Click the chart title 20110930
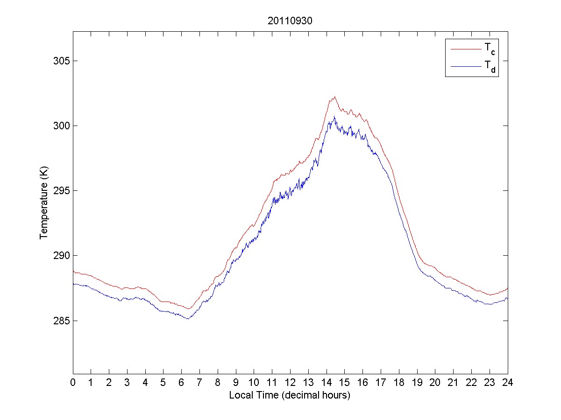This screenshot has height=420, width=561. coord(290,21)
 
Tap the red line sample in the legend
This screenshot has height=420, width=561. coord(465,49)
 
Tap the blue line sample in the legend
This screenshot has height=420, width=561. coord(465,67)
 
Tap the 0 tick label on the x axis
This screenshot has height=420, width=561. coord(73,383)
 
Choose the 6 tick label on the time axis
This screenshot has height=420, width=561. coord(182,383)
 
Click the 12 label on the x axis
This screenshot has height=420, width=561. coord(290,383)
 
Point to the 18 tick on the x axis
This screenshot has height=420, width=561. coord(399,383)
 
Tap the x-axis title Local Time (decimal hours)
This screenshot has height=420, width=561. coord(290,395)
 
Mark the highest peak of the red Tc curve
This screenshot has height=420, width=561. coord(335,97)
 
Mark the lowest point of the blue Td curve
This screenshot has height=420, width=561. coord(188,319)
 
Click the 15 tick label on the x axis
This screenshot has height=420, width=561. coord(344,383)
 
